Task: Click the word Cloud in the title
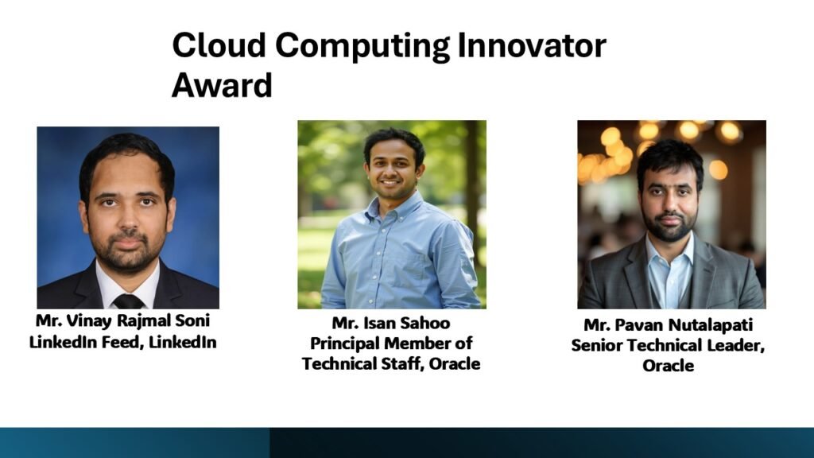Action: [219, 45]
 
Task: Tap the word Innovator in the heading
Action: [531, 45]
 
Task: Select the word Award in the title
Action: [222, 85]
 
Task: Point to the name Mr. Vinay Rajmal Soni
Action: [122, 320]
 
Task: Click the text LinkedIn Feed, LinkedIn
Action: [122, 342]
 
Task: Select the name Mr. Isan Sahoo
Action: [391, 323]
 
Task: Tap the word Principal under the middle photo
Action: [344, 343]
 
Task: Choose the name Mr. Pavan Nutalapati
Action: [668, 325]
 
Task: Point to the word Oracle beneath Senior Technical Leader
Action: [668, 366]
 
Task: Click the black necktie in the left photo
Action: [128, 301]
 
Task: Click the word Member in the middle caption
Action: [420, 343]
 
